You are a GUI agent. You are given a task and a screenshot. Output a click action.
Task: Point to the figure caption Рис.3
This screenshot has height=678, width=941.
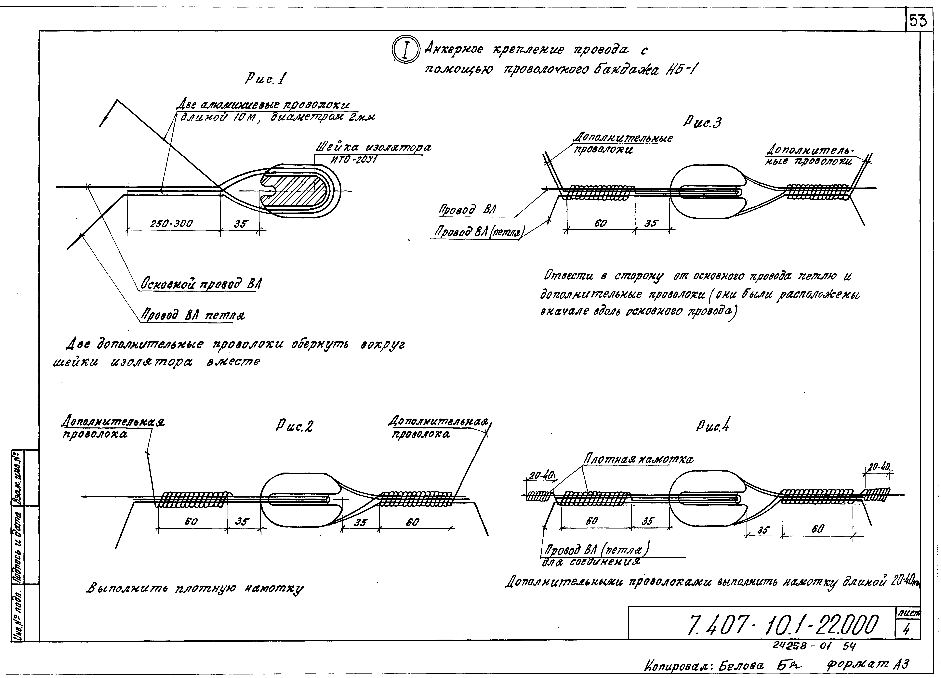[702, 122]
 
